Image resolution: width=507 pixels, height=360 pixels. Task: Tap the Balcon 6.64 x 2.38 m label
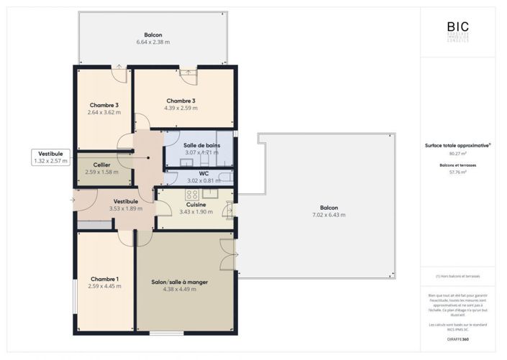tap(152, 39)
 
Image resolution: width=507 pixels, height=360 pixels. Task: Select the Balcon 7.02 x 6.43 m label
tap(329, 211)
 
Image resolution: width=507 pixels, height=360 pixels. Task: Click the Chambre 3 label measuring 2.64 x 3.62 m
tap(104, 109)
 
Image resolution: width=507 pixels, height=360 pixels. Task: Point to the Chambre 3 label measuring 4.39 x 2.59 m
tap(181, 104)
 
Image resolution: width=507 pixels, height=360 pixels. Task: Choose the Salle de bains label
tap(202, 149)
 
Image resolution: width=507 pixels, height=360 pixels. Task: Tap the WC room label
tap(203, 177)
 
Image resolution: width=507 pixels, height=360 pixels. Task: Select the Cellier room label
tap(101, 169)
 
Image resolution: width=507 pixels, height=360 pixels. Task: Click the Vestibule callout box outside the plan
tap(50, 157)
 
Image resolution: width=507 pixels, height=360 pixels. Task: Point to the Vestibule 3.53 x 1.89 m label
tap(126, 205)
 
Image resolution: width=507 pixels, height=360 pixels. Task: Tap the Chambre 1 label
tap(105, 282)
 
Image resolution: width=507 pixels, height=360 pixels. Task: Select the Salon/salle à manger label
tap(185, 285)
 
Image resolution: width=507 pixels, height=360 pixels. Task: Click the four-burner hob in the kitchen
tap(192, 195)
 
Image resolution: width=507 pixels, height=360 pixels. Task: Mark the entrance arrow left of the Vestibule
tap(72, 200)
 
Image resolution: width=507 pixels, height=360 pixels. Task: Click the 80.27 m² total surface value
tap(457, 153)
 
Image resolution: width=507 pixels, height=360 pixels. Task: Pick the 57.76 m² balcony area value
tap(457, 172)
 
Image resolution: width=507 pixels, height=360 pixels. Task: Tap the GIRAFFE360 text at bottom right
tap(457, 338)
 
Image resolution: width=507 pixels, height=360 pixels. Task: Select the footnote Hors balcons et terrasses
tap(457, 276)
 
